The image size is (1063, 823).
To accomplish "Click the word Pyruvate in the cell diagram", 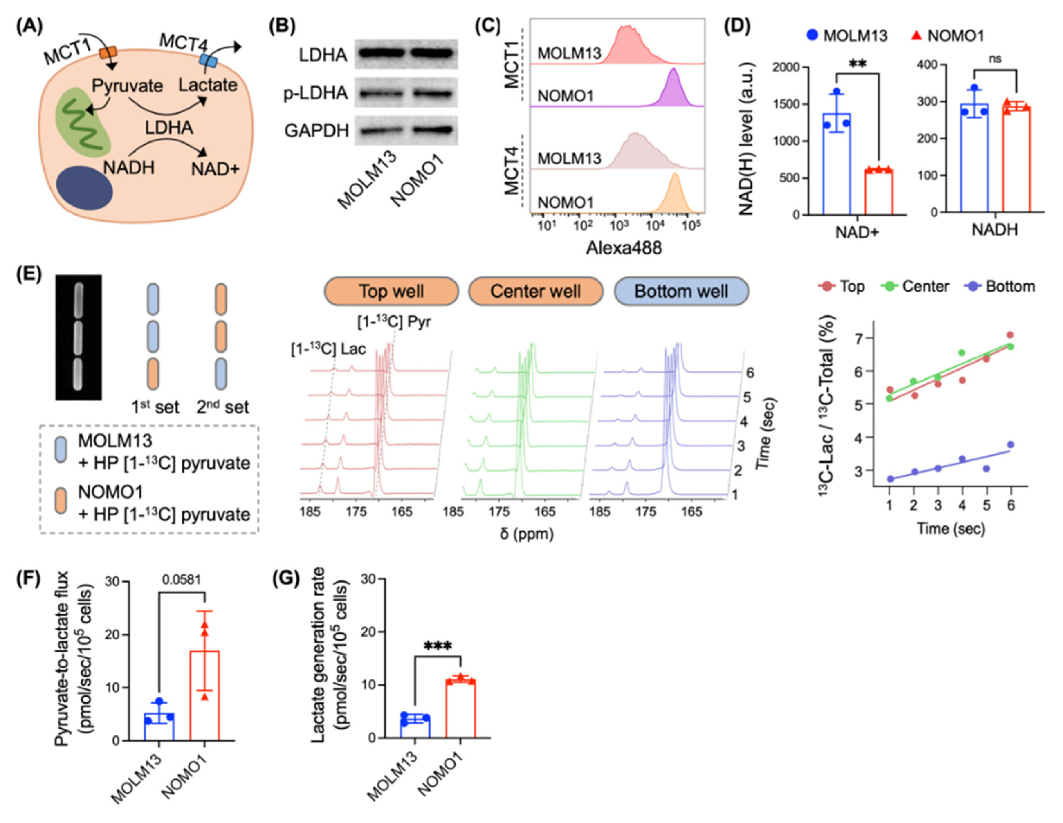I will (x=128, y=86).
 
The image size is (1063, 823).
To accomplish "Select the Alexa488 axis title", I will (x=623, y=248).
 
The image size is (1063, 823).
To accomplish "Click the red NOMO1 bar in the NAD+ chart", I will (x=879, y=192).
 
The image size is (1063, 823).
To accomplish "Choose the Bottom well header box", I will (x=681, y=291).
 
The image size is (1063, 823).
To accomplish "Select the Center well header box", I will (x=535, y=291).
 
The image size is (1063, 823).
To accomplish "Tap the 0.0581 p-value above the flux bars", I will (x=182, y=579).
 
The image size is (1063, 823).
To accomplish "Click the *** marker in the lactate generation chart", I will (x=438, y=646).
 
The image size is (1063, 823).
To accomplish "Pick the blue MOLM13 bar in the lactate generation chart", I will (x=415, y=727).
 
